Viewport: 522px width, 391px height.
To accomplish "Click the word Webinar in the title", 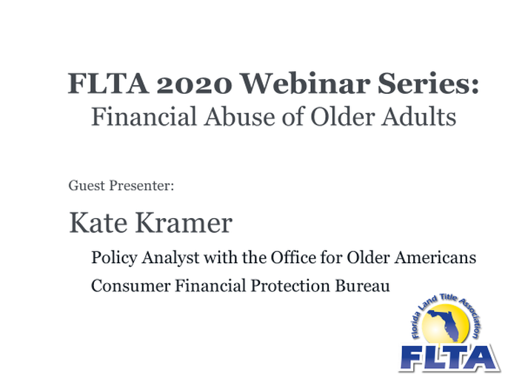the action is pos(304,83).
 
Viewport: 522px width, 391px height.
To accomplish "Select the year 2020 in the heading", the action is pos(194,84).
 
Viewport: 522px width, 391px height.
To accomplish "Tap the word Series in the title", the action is pos(428,83).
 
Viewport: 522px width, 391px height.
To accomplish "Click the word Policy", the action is pos(114,258).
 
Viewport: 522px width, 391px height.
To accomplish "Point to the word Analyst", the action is pos(171,258).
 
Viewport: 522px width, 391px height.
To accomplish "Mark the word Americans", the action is pos(435,257).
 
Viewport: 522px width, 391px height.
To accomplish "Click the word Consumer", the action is pos(131,286).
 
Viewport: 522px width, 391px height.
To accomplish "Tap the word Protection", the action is pos(290,286).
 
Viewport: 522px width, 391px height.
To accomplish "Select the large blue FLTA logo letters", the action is pos(449,358).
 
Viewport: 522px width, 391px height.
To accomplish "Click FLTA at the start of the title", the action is pos(108,83).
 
